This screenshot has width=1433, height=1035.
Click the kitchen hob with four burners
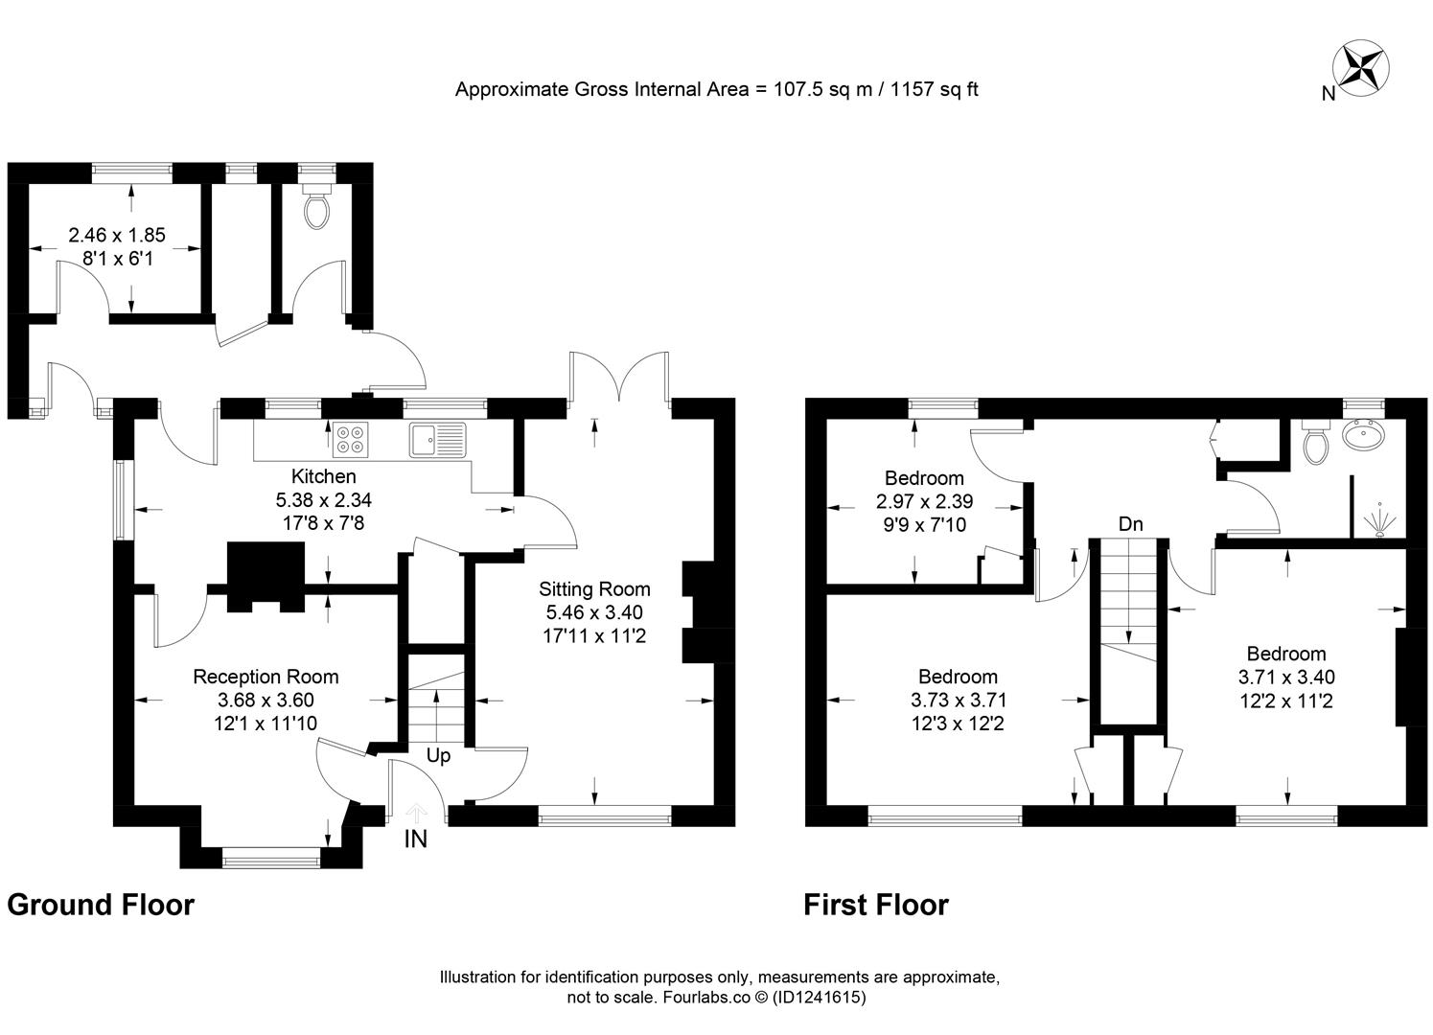pyautogui.click(x=350, y=438)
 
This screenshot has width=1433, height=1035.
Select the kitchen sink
pyautogui.click(x=437, y=439)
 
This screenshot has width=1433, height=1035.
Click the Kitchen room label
pyautogui.click(x=323, y=476)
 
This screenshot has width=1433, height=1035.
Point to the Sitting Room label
pyautogui.click(x=594, y=589)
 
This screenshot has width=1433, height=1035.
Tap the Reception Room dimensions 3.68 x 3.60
pyautogui.click(x=266, y=701)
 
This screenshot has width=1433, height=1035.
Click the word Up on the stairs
pyautogui.click(x=438, y=756)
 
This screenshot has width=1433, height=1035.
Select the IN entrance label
pyautogui.click(x=416, y=839)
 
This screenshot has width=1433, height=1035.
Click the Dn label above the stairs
pyautogui.click(x=1131, y=524)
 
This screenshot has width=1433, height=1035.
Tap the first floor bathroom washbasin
pyautogui.click(x=1363, y=437)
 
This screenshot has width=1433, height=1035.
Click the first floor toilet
pyautogui.click(x=1316, y=443)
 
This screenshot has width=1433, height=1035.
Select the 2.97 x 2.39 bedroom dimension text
pyautogui.click(x=924, y=501)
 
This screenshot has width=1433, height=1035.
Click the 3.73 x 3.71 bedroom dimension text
pyautogui.click(x=959, y=701)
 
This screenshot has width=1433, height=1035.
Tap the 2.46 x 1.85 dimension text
pyautogui.click(x=117, y=235)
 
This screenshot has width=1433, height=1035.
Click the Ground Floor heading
pyautogui.click(x=101, y=905)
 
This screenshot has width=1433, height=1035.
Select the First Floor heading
pyautogui.click(x=875, y=905)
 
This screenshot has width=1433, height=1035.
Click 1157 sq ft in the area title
pyautogui.click(x=935, y=90)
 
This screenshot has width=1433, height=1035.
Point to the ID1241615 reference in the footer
pyautogui.click(x=820, y=998)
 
